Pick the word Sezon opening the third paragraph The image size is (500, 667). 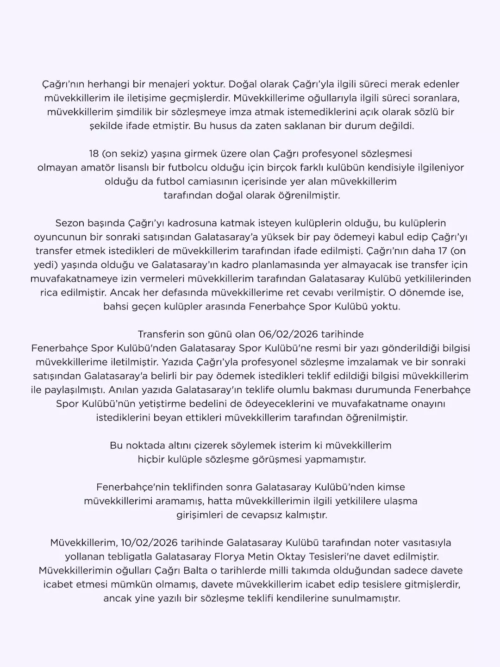click(69, 223)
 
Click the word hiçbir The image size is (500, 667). click(151, 459)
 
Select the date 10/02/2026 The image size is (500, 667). click(149, 542)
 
